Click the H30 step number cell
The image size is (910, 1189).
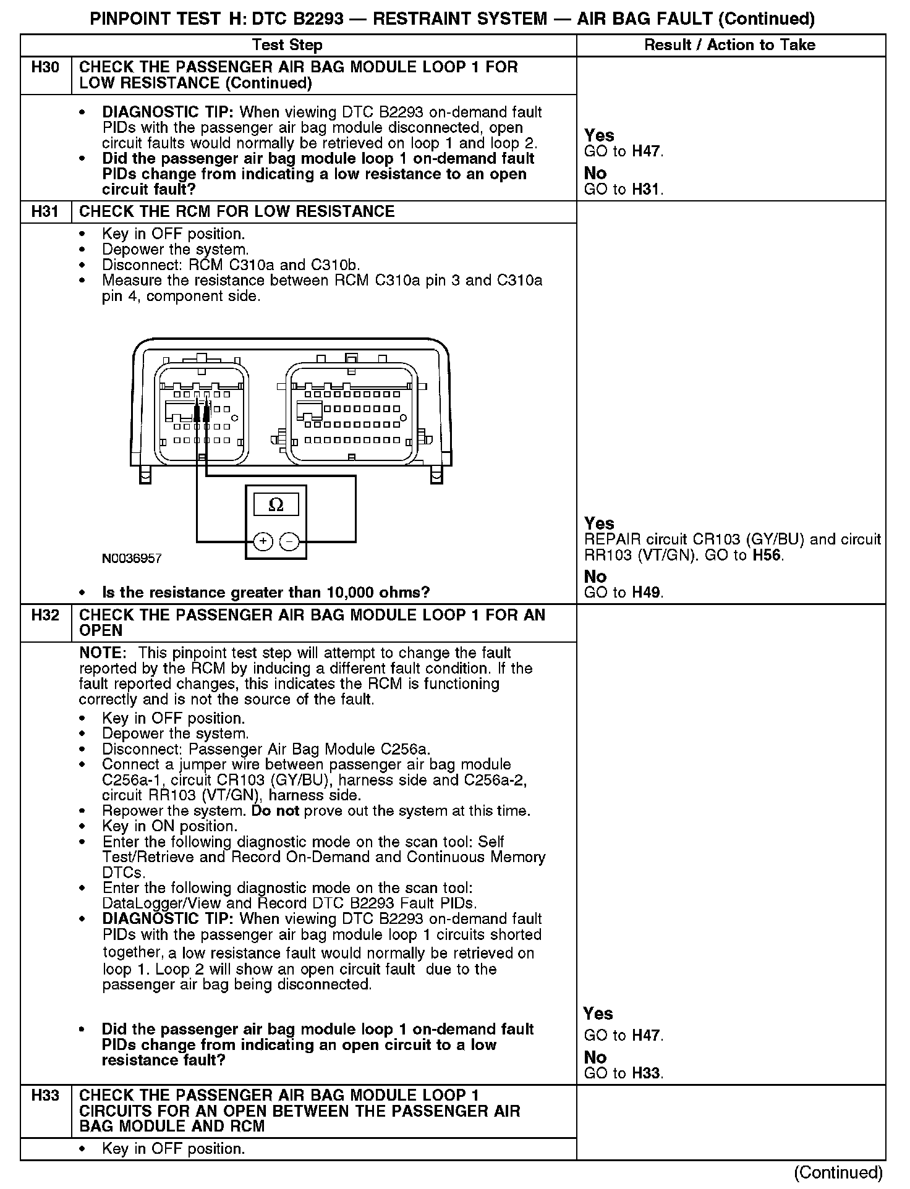(x=45, y=67)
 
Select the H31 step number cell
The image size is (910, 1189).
(x=45, y=211)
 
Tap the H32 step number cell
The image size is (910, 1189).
(x=45, y=615)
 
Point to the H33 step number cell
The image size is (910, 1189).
(x=45, y=1096)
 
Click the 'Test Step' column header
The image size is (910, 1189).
(x=287, y=45)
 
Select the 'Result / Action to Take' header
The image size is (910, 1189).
(x=729, y=45)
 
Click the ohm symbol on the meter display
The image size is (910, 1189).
(x=276, y=505)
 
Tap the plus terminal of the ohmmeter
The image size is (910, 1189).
(x=263, y=542)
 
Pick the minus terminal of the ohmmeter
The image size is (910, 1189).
(x=289, y=542)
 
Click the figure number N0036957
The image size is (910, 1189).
(x=132, y=559)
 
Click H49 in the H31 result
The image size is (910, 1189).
(x=647, y=593)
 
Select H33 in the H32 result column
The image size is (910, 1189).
(x=647, y=1073)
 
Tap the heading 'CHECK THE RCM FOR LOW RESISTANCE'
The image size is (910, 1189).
(x=237, y=211)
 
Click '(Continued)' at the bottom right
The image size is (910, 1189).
(x=838, y=1173)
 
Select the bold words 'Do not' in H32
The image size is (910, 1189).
(x=275, y=811)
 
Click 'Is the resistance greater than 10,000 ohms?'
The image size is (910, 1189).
(x=266, y=593)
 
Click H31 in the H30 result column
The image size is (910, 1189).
(x=647, y=190)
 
